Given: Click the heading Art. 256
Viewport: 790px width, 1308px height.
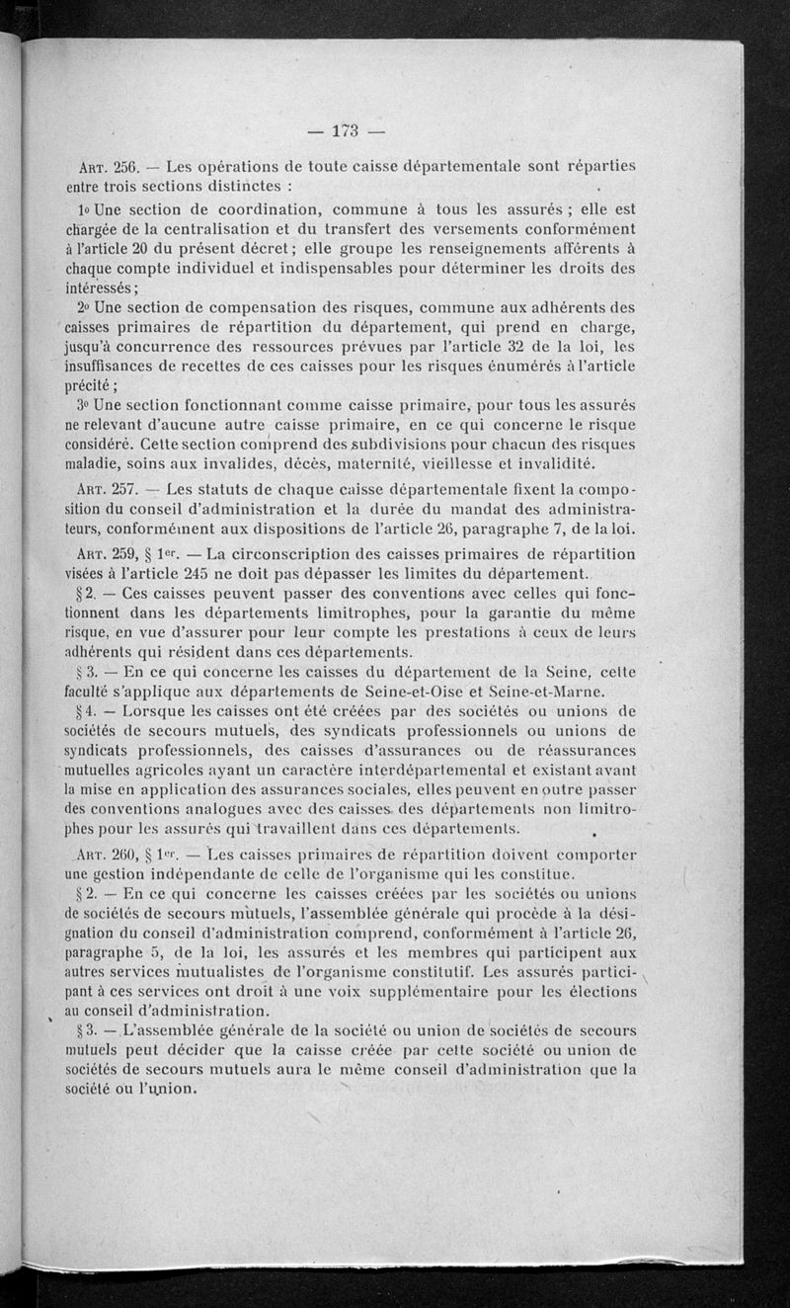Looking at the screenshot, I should (109, 167).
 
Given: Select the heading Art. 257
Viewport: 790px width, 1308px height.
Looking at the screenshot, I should (109, 489).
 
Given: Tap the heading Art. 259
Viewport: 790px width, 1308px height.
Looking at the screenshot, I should (109, 553).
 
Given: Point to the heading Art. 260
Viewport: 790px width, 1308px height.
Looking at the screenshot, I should (109, 853).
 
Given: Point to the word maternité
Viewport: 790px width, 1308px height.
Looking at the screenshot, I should (440, 464).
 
